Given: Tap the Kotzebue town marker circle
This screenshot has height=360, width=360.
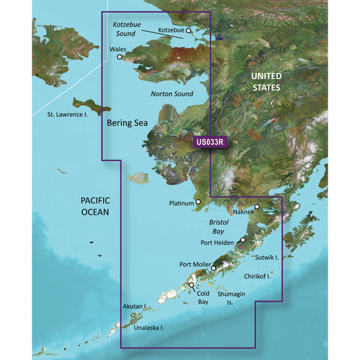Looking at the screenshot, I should (189, 30).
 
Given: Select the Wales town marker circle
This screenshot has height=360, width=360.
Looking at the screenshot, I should (120, 57).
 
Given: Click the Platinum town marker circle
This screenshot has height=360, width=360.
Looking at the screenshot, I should (198, 202).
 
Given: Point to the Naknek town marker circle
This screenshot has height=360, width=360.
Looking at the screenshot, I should (257, 207).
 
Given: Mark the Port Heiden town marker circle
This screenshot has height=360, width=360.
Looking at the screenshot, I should (242, 240).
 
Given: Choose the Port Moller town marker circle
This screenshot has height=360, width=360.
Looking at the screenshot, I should (213, 268).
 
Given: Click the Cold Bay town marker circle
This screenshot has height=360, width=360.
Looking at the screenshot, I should (191, 286).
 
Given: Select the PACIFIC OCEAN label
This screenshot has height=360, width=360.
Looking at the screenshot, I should (95, 206).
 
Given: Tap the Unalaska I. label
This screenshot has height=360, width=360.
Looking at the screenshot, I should (149, 328).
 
